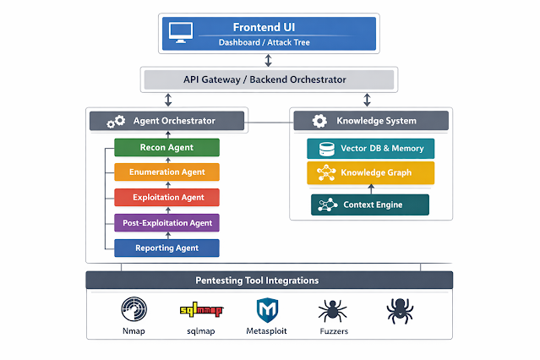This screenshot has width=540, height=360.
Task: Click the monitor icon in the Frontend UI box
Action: tap(182, 33)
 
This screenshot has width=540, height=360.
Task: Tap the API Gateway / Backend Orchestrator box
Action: tap(268, 79)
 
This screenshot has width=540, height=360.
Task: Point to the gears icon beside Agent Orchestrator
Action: tap(116, 121)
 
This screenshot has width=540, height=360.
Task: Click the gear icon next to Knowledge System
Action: tap(319, 121)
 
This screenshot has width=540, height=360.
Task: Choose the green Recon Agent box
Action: tap(166, 148)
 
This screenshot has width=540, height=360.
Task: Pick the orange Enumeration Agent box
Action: tap(166, 172)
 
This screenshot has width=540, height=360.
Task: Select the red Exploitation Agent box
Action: tap(166, 198)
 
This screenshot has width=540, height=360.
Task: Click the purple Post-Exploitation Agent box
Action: tap(166, 223)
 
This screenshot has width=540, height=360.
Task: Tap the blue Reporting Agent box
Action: tap(166, 248)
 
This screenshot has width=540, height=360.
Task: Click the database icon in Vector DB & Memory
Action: tap(326, 149)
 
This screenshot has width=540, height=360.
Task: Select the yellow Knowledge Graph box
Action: tap(370, 173)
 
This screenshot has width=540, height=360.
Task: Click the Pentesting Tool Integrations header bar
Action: tap(269, 281)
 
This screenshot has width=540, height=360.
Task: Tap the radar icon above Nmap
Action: tap(134, 310)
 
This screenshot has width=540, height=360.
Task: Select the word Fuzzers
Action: tap(333, 331)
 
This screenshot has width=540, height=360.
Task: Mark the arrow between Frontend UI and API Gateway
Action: tap(268, 60)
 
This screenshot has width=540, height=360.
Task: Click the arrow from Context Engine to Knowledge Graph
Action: tap(370, 189)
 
